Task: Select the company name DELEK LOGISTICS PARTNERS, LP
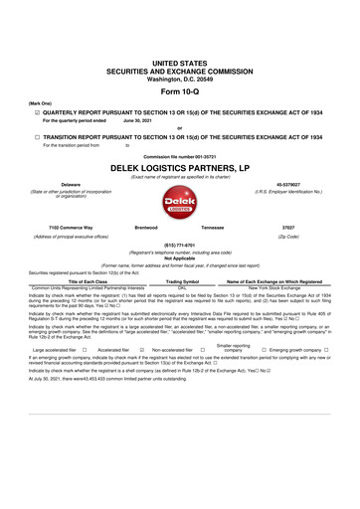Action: (179, 169)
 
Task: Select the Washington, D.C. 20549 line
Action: (179, 76)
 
